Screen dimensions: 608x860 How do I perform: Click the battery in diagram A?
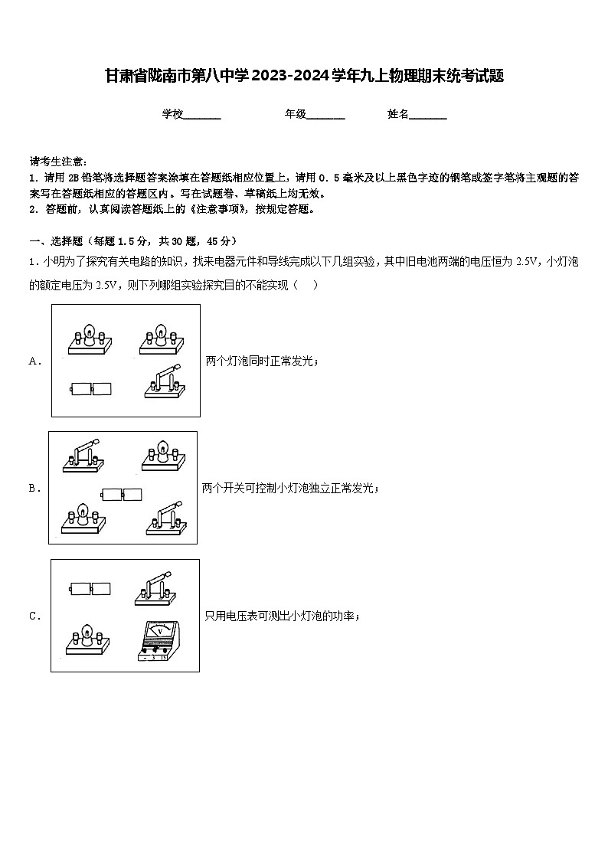[x=90, y=388]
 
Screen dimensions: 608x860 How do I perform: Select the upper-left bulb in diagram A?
[x=89, y=339]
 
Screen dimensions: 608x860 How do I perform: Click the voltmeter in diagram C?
[x=159, y=642]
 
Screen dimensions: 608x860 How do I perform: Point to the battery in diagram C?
[x=90, y=589]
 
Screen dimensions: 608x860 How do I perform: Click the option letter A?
[x=34, y=361]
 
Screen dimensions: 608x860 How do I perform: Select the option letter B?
[x=34, y=488]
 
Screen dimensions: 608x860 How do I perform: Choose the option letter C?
[x=34, y=616]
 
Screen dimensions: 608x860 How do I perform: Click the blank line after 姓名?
[x=428, y=116]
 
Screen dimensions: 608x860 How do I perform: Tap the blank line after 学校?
[x=202, y=116]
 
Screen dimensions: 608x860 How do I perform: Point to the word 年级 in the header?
[x=296, y=114]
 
